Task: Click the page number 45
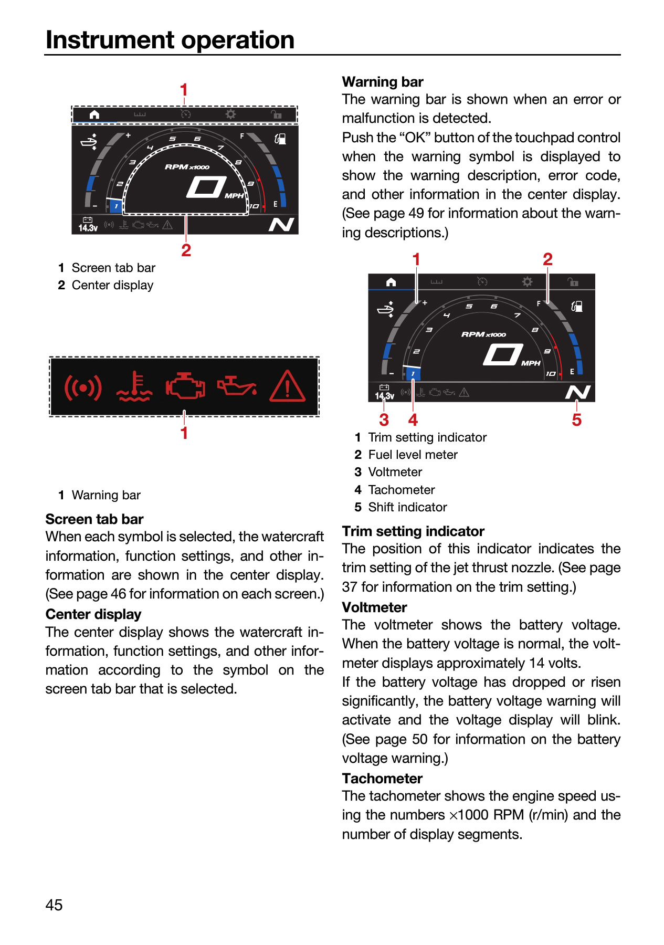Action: [54, 905]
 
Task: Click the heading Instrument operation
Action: [170, 40]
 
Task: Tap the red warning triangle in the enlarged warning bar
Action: [288, 386]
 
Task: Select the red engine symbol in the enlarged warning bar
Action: [185, 386]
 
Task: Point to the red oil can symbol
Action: [237, 386]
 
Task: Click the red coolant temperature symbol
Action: [134, 386]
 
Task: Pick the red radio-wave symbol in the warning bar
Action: [83, 387]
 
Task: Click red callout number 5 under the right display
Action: [577, 420]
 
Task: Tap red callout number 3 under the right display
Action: [384, 420]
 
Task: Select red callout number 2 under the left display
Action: [186, 250]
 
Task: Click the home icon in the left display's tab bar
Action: [94, 114]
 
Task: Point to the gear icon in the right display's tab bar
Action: [527, 282]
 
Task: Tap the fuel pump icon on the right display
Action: [576, 306]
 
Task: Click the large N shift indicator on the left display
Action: [281, 225]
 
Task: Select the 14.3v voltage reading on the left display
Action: [88, 228]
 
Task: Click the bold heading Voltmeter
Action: [374, 607]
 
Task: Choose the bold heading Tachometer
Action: [382, 779]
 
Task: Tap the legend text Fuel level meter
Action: [413, 455]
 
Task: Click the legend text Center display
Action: [112, 285]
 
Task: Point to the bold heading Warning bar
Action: [383, 82]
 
